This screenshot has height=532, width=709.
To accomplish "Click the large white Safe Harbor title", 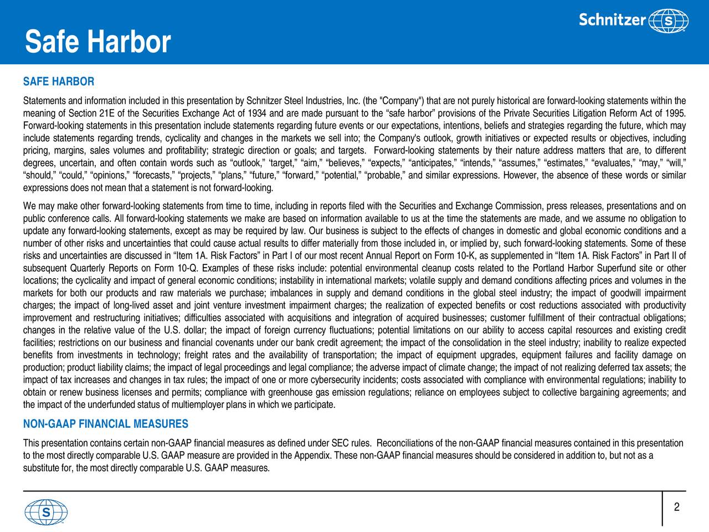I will click(x=98, y=42).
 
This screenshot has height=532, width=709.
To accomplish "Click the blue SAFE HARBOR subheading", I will click(x=59, y=82).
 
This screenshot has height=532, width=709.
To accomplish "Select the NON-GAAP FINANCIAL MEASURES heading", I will click(x=106, y=424).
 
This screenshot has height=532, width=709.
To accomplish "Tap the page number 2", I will click(x=677, y=508).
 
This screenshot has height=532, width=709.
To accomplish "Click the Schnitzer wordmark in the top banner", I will click(x=612, y=20).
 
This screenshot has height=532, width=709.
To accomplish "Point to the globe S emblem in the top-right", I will click(x=669, y=21).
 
